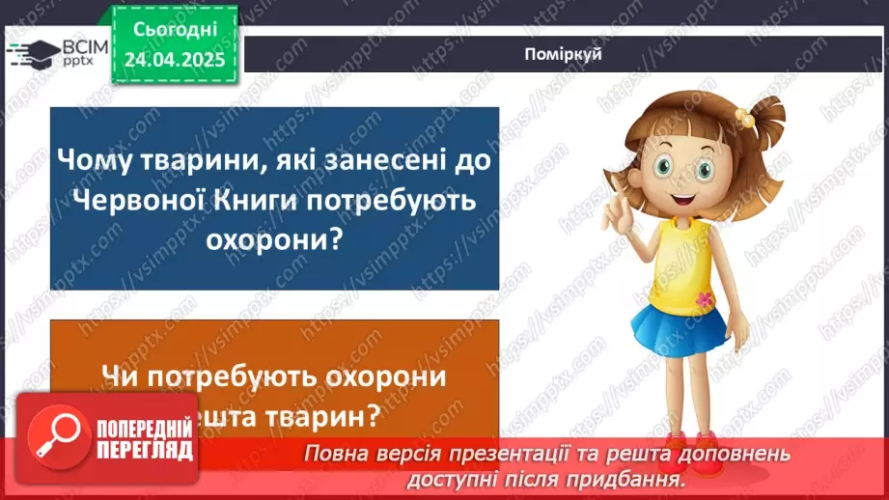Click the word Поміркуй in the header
tap(565, 55)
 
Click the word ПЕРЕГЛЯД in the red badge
tap(143, 451)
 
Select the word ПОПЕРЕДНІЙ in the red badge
tap(144, 430)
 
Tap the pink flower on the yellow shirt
tap(705, 298)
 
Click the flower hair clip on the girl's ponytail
tap(744, 116)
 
